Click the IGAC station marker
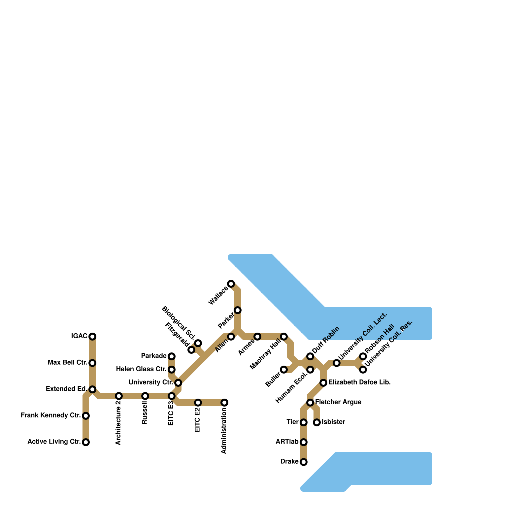(x=92, y=337)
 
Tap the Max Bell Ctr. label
(x=68, y=363)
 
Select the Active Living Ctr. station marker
(x=86, y=442)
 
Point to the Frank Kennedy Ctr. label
(x=51, y=415)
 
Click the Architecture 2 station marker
(x=119, y=396)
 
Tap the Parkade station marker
(x=172, y=356)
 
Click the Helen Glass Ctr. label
(x=141, y=369)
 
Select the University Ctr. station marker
(x=178, y=383)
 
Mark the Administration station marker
(x=224, y=403)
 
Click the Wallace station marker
(x=231, y=284)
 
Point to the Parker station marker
(x=238, y=310)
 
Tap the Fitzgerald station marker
(x=191, y=350)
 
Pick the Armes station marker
(x=257, y=337)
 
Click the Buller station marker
(x=284, y=370)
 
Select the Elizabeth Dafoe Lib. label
(x=360, y=382)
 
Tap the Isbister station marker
(x=317, y=422)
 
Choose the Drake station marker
(x=304, y=462)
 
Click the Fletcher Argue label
(x=338, y=402)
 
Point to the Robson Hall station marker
(x=363, y=356)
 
